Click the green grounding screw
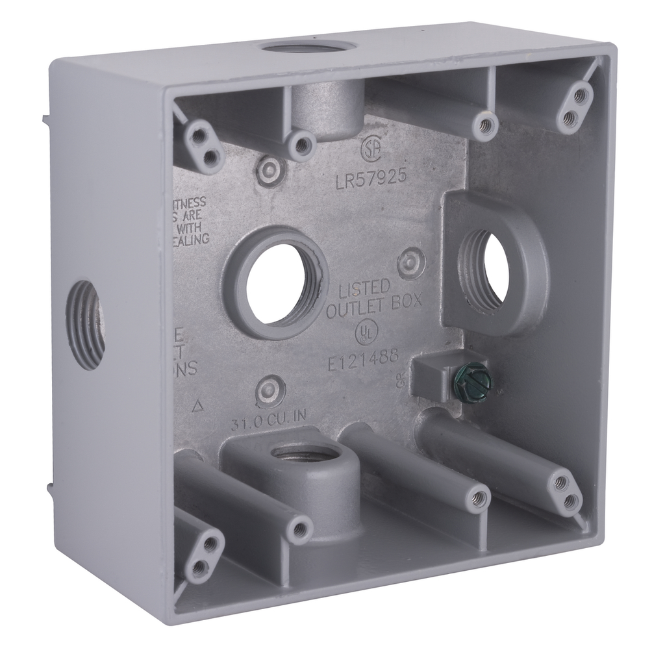pos(481,382)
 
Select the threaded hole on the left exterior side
pos(86,324)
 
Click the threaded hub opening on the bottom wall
pos(303,453)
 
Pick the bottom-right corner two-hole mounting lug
pos(564,491)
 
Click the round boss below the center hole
pos(270,392)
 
